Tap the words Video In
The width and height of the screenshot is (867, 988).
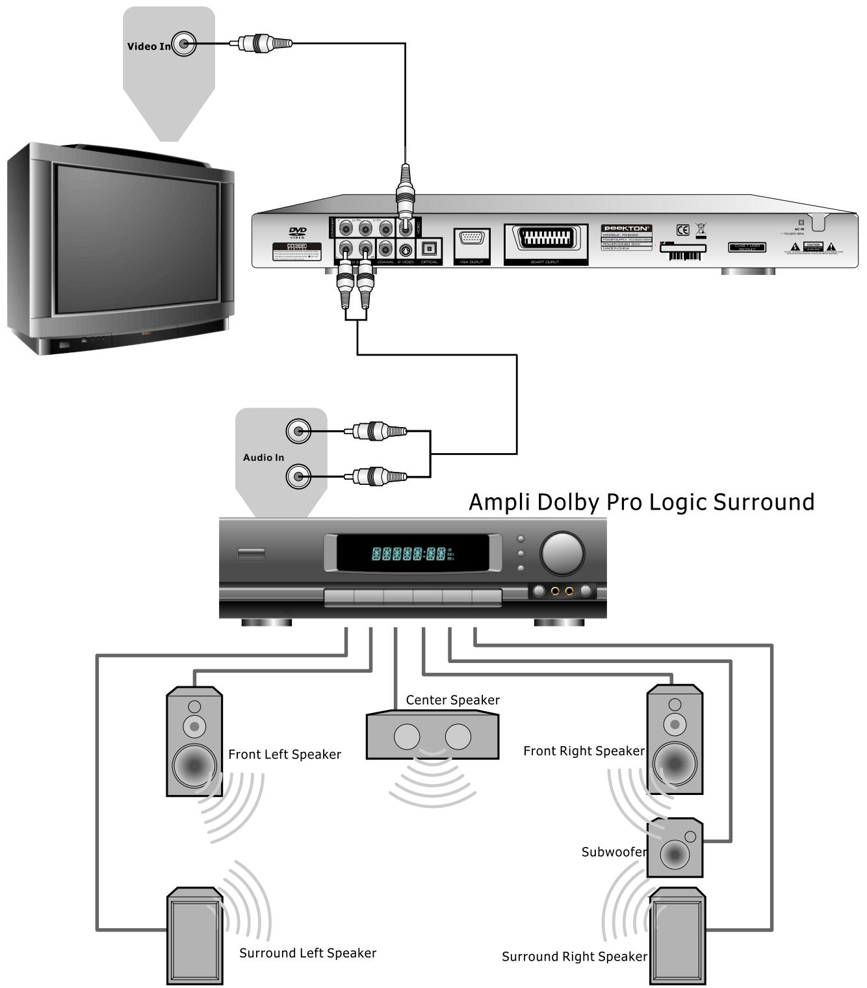[x=149, y=46]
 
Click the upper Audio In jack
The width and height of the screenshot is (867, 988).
[x=298, y=430]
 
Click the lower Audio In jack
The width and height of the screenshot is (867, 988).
[x=298, y=476]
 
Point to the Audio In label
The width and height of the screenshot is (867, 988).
[x=263, y=458]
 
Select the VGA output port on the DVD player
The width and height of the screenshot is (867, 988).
[x=471, y=241]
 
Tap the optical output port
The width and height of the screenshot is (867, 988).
[x=429, y=248]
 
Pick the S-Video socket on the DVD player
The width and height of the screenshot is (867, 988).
[x=406, y=250]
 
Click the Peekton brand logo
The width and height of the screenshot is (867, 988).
[x=626, y=228]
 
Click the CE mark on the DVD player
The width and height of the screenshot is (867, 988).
[x=682, y=230]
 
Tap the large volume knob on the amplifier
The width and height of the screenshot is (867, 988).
[x=562, y=553]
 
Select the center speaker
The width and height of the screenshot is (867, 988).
[x=432, y=736]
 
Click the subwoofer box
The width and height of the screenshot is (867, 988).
[x=675, y=847]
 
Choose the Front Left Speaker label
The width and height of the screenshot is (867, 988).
[x=285, y=755]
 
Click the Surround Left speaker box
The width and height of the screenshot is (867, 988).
[x=195, y=936]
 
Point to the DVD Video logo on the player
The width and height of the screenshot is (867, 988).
[x=298, y=232]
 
